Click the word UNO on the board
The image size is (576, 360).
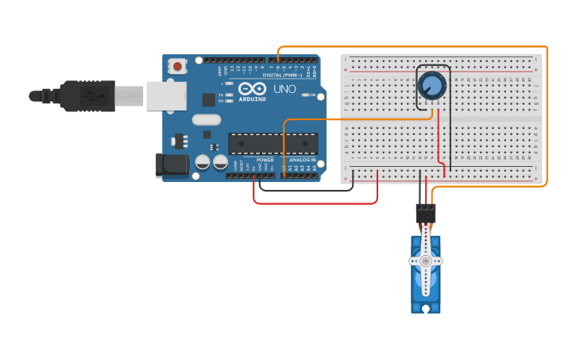[284, 89]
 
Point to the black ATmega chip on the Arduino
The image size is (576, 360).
[273, 143]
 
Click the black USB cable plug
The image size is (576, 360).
[87, 95]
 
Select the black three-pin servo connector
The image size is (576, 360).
[426, 213]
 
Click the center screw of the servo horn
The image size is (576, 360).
[426, 261]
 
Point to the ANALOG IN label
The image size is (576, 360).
[302, 160]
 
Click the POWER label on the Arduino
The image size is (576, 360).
[265, 160]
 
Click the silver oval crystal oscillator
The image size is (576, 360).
[206, 120]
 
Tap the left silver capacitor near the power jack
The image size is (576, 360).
[203, 162]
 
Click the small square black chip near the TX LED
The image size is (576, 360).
[209, 99]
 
